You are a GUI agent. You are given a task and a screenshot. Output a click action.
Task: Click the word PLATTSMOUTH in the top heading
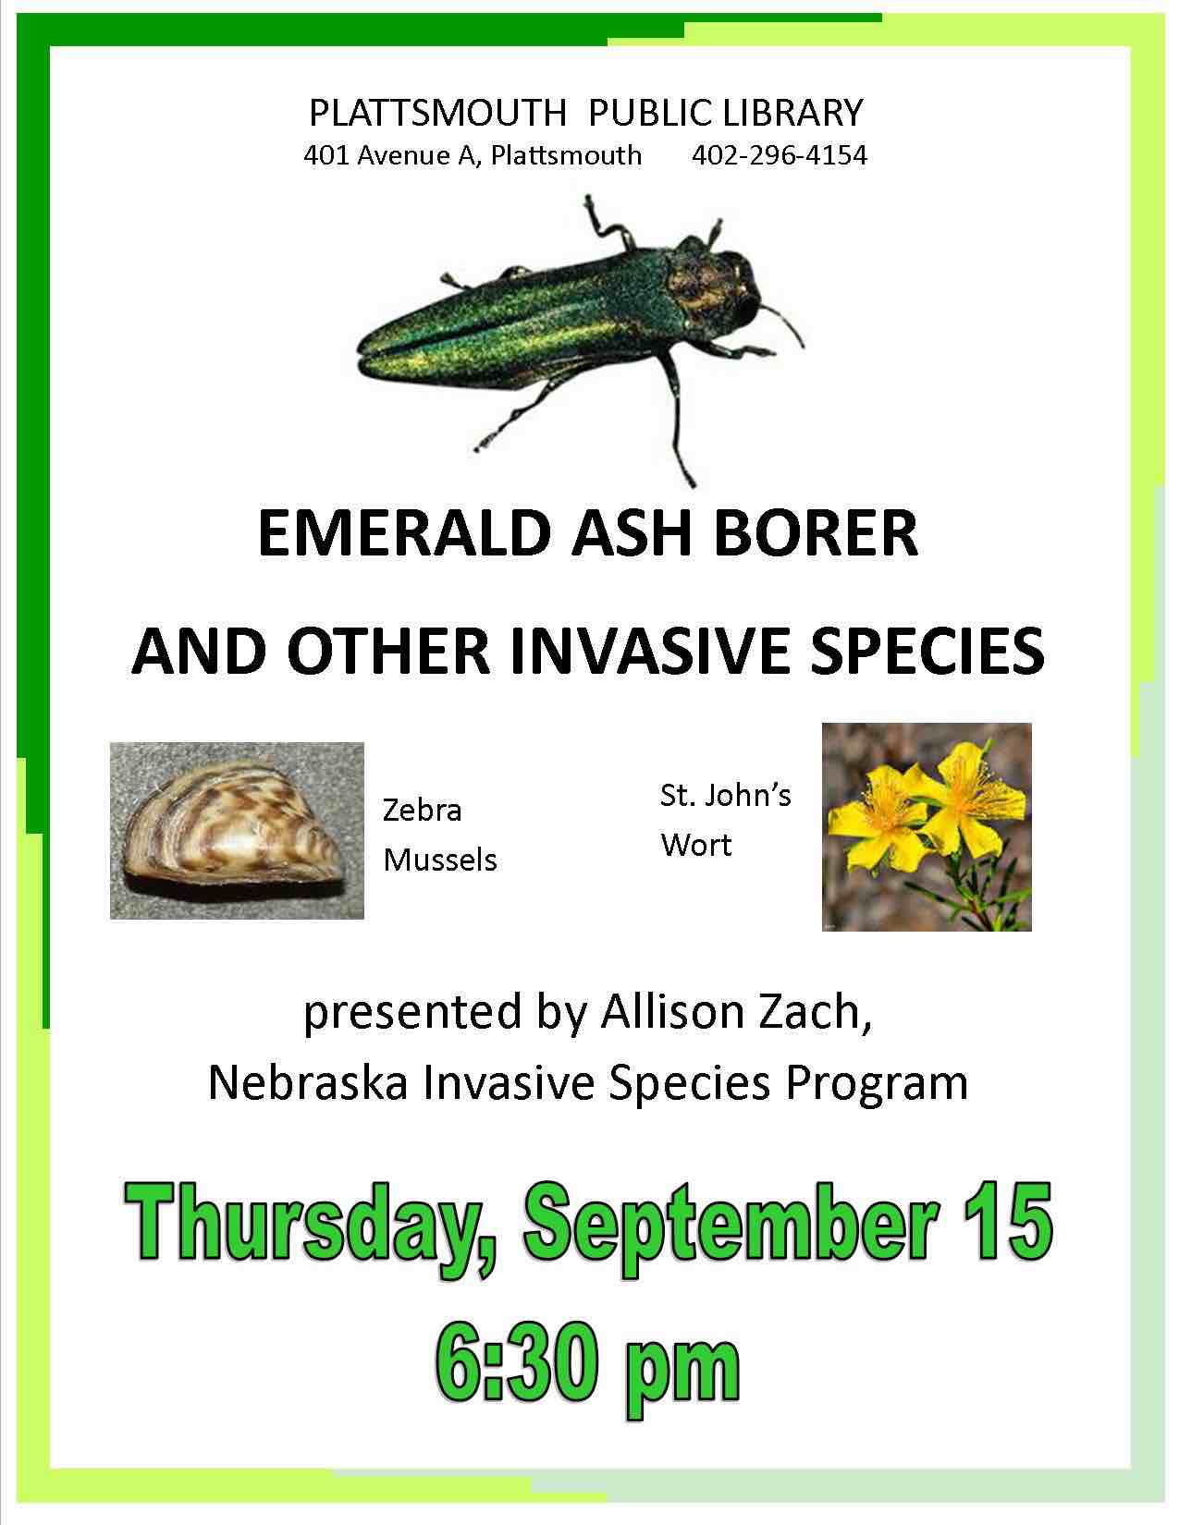coord(436,113)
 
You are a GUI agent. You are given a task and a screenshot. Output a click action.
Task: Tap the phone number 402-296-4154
coord(779,155)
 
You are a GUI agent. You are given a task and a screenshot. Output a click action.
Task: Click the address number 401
coord(325,155)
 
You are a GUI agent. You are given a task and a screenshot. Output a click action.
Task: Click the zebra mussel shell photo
coord(237,830)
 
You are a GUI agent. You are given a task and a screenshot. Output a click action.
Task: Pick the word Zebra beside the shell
coord(423,810)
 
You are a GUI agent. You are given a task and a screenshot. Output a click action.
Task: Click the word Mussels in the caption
coord(440,860)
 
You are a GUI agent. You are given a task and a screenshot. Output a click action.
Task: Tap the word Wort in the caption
coord(695,845)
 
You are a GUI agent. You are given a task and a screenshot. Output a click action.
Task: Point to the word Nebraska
coord(307,1083)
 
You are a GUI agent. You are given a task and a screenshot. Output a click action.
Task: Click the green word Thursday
coord(314,1222)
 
